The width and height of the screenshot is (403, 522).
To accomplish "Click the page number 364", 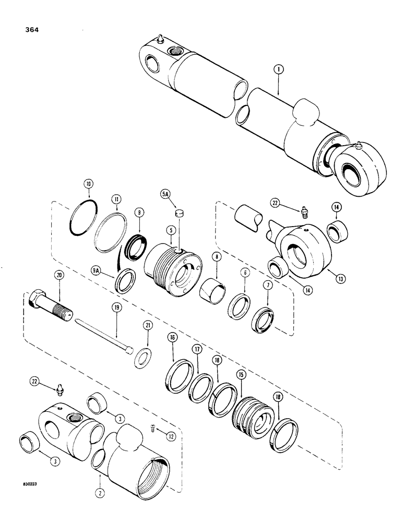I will [27, 30].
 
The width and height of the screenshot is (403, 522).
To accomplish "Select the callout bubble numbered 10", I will [88, 184].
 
